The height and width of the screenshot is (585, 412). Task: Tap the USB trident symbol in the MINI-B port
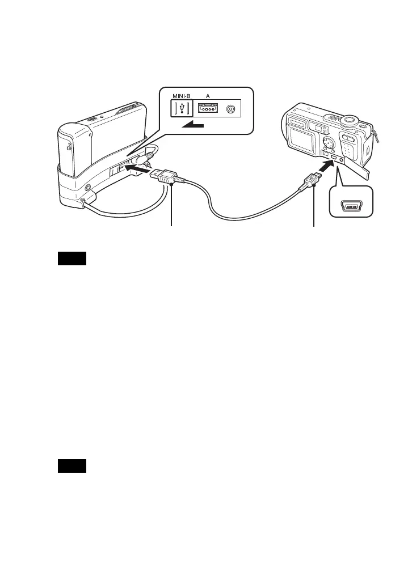coord(180,108)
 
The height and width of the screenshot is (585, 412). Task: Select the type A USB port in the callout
coord(208,108)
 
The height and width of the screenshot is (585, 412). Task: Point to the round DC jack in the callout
coord(231,108)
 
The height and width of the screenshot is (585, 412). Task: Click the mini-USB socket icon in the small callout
coord(351,207)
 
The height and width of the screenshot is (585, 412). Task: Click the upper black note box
coord(72,259)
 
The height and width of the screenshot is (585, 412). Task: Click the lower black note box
coord(72,467)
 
